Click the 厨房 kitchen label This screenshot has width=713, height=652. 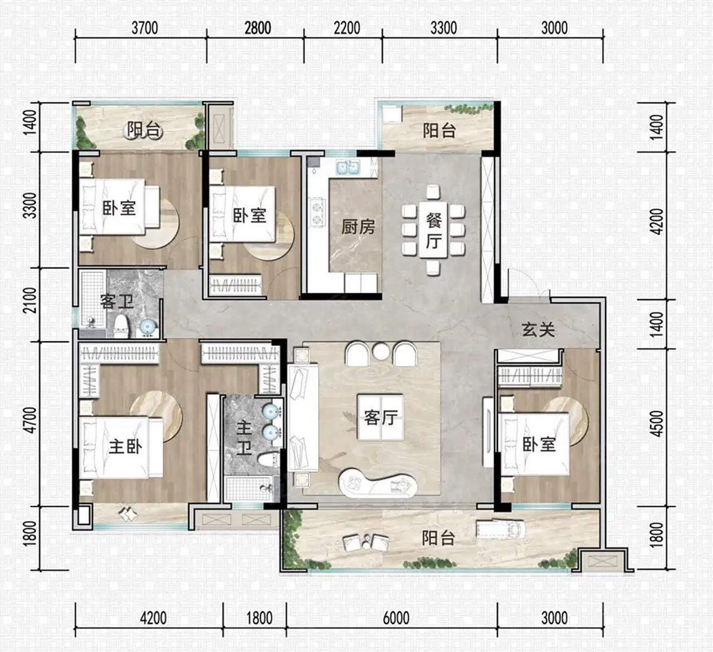[358, 227]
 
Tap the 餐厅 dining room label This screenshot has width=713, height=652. [433, 231]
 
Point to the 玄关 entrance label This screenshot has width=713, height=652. [538, 330]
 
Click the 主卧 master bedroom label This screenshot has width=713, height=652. [125, 447]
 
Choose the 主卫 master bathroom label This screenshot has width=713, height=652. [244, 438]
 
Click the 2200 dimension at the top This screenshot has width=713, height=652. [346, 28]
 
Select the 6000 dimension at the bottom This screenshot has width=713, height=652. [396, 618]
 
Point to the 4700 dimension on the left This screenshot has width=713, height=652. [31, 420]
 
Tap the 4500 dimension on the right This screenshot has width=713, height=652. [658, 424]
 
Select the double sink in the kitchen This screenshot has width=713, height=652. [348, 167]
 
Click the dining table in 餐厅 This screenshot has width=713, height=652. [433, 230]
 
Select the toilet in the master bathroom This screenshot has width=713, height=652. [268, 460]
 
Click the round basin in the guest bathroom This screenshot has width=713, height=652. [147, 327]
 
